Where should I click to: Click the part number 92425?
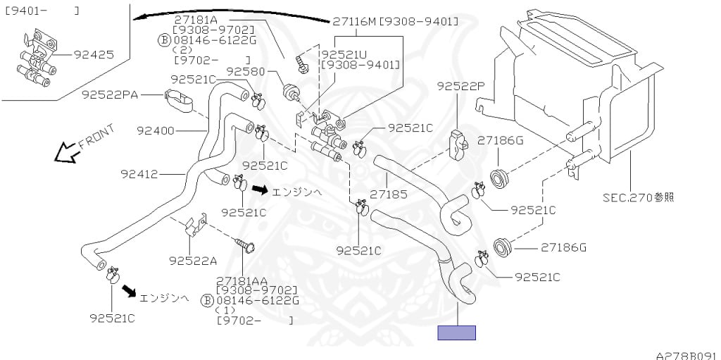click(x=94, y=55)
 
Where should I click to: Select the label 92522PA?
click(x=111, y=95)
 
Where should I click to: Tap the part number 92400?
click(x=156, y=131)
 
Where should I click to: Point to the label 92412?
click(x=139, y=175)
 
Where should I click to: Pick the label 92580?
click(x=246, y=71)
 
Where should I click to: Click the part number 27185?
click(x=388, y=194)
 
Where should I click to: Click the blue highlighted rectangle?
click(x=456, y=333)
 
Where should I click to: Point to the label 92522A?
click(x=193, y=261)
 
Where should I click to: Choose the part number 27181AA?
click(x=242, y=281)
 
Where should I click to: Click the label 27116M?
click(x=355, y=21)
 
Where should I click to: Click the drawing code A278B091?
click(x=688, y=356)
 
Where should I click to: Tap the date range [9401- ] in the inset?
click(x=42, y=10)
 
